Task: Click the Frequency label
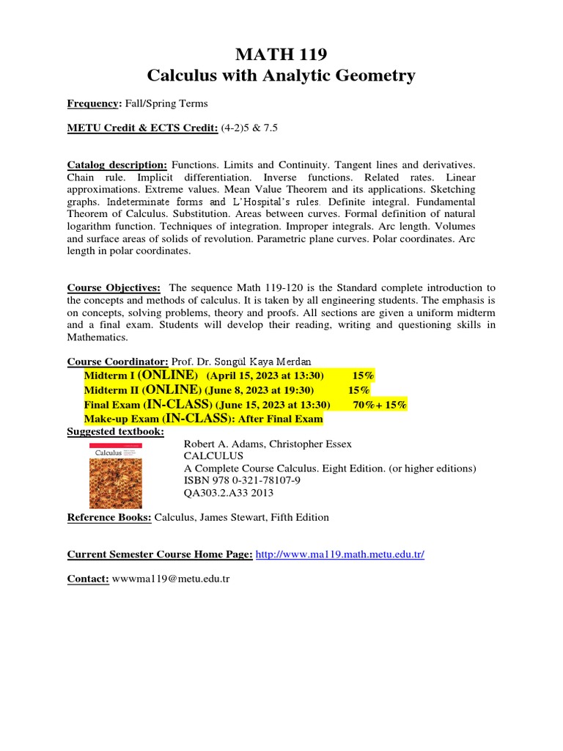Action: click(92, 103)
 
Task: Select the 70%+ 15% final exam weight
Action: click(380, 405)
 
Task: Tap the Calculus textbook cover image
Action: click(115, 475)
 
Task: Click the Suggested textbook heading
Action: click(116, 431)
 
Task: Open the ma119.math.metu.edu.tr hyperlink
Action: click(339, 554)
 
